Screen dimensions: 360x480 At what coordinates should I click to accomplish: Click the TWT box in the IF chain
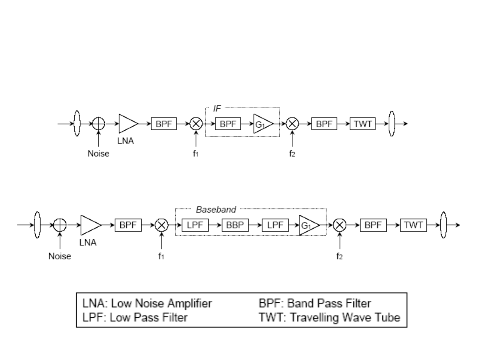pyautogui.click(x=362, y=124)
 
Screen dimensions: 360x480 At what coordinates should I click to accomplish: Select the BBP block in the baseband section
pyautogui.click(x=235, y=225)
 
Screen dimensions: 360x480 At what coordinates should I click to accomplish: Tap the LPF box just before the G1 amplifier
pyautogui.click(x=275, y=225)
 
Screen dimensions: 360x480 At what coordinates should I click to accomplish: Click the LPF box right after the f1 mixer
pyautogui.click(x=195, y=225)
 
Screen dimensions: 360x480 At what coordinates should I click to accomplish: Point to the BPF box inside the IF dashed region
pyautogui.click(x=228, y=124)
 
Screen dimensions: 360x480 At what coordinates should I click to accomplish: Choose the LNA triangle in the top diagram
pyautogui.click(x=128, y=124)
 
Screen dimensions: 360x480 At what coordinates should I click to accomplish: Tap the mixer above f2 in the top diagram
pyautogui.click(x=292, y=124)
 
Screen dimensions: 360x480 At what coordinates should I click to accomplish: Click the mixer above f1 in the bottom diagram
pyautogui.click(x=162, y=225)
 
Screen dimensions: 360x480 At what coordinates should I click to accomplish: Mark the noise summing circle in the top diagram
pyautogui.click(x=98, y=124)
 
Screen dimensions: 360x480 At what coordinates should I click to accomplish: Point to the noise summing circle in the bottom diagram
pyautogui.click(x=60, y=225)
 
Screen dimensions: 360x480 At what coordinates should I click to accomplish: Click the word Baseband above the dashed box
pyautogui.click(x=216, y=209)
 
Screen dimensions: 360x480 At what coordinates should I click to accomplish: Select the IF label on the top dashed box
pyautogui.click(x=217, y=108)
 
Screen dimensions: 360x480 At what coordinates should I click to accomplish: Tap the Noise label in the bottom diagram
pyautogui.click(x=60, y=256)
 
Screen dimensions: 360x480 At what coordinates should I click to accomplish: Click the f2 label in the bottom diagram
pyautogui.click(x=339, y=256)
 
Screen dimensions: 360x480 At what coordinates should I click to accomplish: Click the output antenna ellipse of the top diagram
pyautogui.click(x=392, y=124)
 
